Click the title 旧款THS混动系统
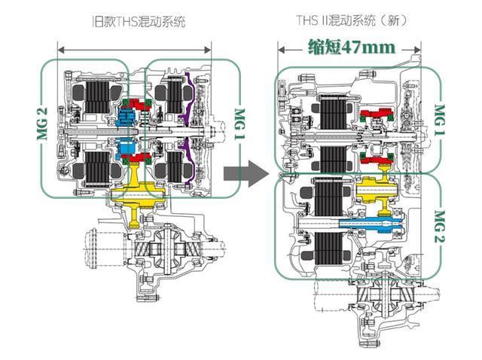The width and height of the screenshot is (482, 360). click(139, 22)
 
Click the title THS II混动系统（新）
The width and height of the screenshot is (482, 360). click(352, 20)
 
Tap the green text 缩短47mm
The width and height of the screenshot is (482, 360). click(352, 47)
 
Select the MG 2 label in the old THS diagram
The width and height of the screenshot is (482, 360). click(42, 124)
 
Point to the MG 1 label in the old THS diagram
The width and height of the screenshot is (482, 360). click(239, 124)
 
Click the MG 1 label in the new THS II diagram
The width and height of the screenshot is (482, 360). click(440, 120)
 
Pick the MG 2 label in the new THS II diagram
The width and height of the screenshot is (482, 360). click(440, 227)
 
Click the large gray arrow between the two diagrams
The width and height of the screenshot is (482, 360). click(246, 174)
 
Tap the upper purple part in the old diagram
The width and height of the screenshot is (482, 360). click(188, 99)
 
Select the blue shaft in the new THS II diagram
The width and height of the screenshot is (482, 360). click(371, 224)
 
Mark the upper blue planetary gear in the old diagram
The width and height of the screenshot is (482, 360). click(127, 117)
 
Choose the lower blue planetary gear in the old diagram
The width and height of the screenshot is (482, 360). click(127, 148)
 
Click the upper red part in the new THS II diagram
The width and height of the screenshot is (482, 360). click(377, 114)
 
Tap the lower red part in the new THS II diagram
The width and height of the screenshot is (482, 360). click(377, 159)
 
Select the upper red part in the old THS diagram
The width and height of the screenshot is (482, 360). click(137, 105)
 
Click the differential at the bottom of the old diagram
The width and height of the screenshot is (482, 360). click(167, 249)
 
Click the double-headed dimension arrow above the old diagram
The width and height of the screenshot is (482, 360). click(134, 50)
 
